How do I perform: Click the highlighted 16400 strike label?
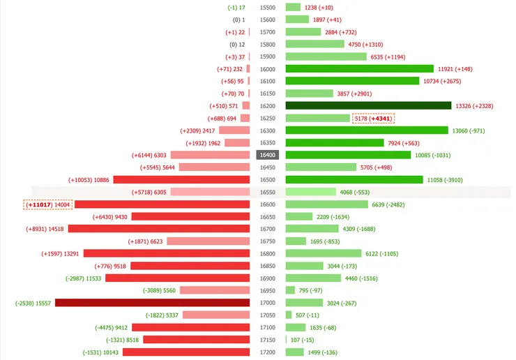[x=268, y=155]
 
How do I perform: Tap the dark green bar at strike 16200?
[x=368, y=106]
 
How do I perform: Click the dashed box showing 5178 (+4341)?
[x=373, y=119]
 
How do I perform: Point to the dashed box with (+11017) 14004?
[x=48, y=204]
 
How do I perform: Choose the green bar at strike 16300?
[x=366, y=130]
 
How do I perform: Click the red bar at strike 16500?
[x=181, y=180]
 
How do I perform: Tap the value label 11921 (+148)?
[x=455, y=69]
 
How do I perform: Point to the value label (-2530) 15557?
[x=33, y=303]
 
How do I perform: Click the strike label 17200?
[x=268, y=352]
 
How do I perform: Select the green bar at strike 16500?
[x=354, y=180]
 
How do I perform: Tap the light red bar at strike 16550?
[x=210, y=192]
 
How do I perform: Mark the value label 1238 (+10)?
[x=324, y=7]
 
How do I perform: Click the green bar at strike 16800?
[x=324, y=253]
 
